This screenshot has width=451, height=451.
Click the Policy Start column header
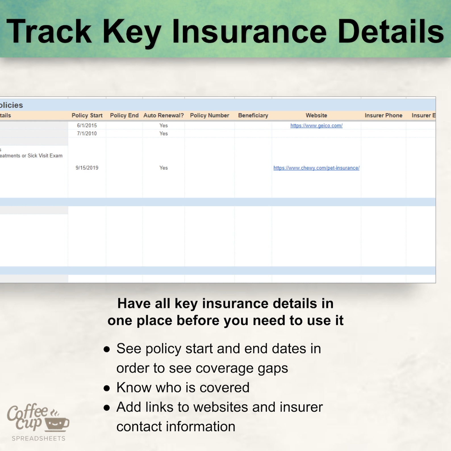(87, 115)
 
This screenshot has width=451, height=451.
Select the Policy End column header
(124, 115)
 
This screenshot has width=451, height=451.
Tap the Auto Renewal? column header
(164, 115)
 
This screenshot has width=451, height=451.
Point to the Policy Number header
(210, 115)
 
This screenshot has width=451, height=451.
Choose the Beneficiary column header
(253, 115)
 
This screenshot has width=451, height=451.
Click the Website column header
(316, 115)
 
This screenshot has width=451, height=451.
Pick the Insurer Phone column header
(383, 115)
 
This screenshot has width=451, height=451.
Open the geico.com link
(316, 126)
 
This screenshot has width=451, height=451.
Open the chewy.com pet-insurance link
(316, 168)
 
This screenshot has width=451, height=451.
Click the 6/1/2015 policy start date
(87, 126)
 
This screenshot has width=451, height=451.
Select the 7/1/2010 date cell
(87, 133)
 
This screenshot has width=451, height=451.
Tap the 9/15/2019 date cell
(87, 168)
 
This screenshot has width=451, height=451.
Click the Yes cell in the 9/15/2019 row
(164, 168)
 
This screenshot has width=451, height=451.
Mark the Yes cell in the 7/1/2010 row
(164, 133)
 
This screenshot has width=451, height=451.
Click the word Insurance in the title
(249, 31)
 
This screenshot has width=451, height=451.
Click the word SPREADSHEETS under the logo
(39, 439)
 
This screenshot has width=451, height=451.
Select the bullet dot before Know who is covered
(107, 388)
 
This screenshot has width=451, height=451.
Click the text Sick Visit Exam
(45, 156)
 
